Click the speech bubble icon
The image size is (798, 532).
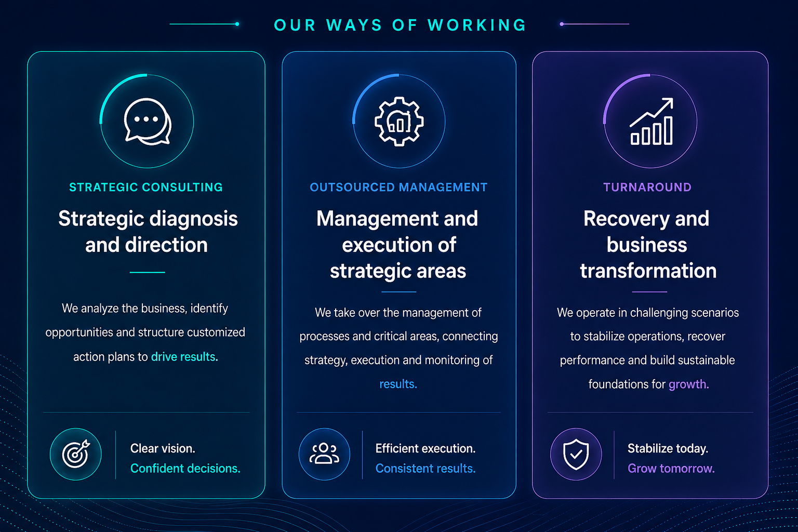click(148, 122)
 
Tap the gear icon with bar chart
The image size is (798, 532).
click(399, 122)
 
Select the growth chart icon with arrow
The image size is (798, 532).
click(651, 121)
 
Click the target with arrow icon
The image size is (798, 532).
click(76, 454)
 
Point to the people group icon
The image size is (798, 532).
click(324, 454)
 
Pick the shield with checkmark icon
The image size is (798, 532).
click(576, 454)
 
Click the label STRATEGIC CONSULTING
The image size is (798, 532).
click(146, 187)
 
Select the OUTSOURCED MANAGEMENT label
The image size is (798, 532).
click(398, 187)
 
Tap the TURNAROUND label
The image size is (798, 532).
click(647, 187)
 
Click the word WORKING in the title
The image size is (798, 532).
click(477, 25)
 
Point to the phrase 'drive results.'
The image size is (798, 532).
click(184, 357)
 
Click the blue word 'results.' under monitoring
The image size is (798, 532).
click(398, 384)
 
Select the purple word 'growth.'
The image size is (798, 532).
click(689, 384)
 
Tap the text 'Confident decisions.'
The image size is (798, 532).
click(185, 468)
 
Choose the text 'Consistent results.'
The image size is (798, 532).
click(425, 468)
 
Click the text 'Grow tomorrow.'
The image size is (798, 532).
click(671, 468)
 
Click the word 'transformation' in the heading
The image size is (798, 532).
click(648, 271)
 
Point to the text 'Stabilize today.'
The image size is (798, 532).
click(668, 449)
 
